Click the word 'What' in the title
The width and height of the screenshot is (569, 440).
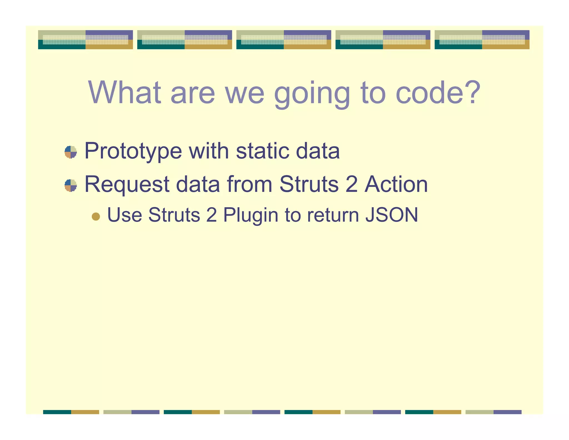(124, 92)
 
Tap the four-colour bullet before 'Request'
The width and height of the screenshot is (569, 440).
(71, 186)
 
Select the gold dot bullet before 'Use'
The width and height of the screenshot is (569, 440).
(96, 216)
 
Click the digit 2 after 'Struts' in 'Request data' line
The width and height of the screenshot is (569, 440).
(351, 184)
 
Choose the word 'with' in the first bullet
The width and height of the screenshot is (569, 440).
(209, 151)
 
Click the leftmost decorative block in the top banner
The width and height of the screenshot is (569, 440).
(85, 40)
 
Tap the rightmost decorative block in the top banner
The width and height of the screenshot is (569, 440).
(482, 40)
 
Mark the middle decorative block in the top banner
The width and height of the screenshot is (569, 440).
(284, 40)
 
